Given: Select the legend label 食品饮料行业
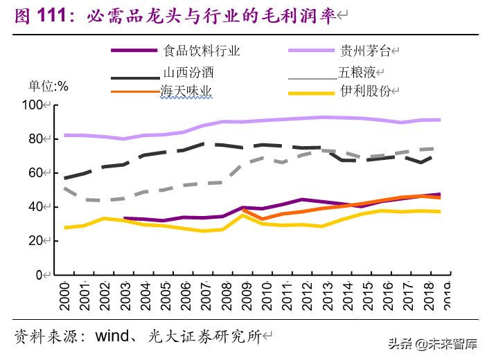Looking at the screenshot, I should tap(202, 50).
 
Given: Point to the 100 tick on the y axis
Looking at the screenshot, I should tap(32, 105).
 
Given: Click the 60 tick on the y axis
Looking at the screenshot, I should tap(35, 173).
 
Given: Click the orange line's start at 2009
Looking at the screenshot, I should tap(242, 210).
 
